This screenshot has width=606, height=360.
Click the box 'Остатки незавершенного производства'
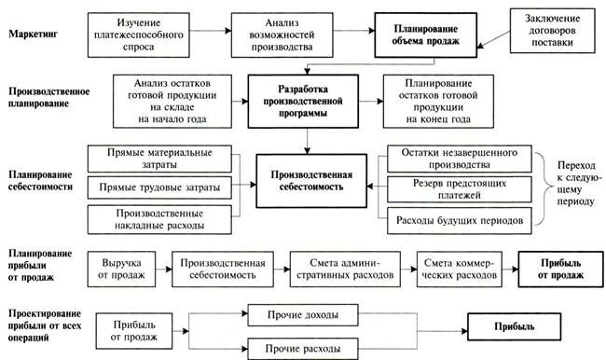click(x=460, y=158)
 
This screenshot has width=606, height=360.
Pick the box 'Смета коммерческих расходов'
click(x=462, y=269)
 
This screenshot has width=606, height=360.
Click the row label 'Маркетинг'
click(x=34, y=34)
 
